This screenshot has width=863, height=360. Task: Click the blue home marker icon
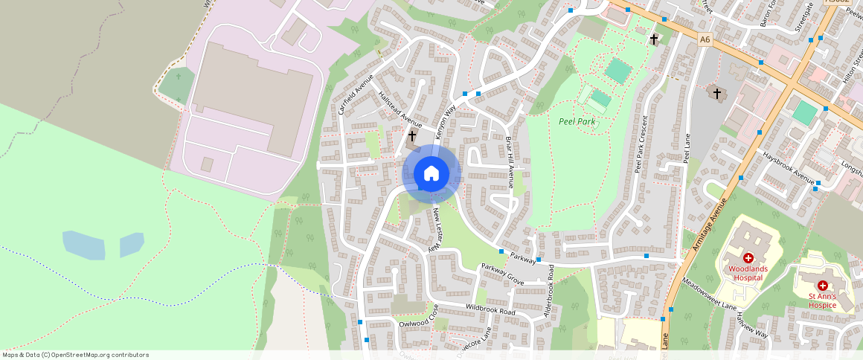(431, 174)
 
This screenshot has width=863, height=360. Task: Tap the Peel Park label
(577, 121)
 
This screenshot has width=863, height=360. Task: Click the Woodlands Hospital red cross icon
(748, 257)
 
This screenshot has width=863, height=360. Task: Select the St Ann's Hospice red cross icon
(823, 286)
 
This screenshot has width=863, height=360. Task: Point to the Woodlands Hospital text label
(747, 272)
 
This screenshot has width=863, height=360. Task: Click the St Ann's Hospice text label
(823, 300)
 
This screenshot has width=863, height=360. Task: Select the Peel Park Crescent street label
(641, 143)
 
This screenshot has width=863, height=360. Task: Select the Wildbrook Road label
(490, 309)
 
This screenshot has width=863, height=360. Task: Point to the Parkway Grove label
(502, 274)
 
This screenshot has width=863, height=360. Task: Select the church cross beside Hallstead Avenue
(411, 136)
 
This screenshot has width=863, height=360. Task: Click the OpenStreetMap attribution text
(74, 355)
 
